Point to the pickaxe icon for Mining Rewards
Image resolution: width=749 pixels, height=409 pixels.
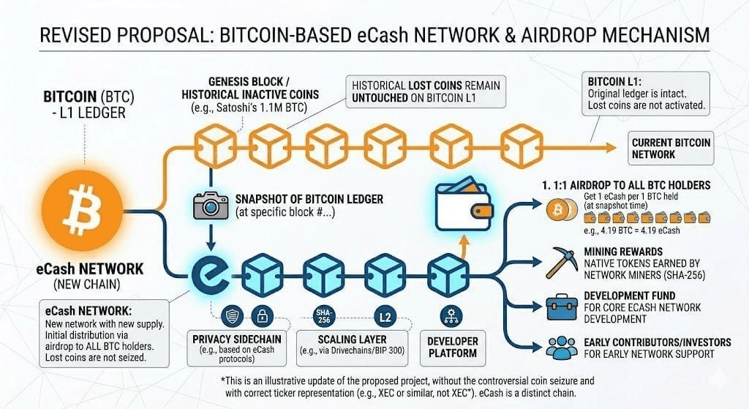[558, 258]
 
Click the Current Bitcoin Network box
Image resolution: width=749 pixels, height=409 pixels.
[671, 149]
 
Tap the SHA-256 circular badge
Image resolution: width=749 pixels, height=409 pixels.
[323, 315]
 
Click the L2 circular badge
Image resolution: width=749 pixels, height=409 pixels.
[385, 317]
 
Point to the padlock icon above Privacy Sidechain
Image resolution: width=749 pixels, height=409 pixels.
[260, 317]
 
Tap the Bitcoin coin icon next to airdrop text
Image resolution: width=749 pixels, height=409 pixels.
[557, 210]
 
